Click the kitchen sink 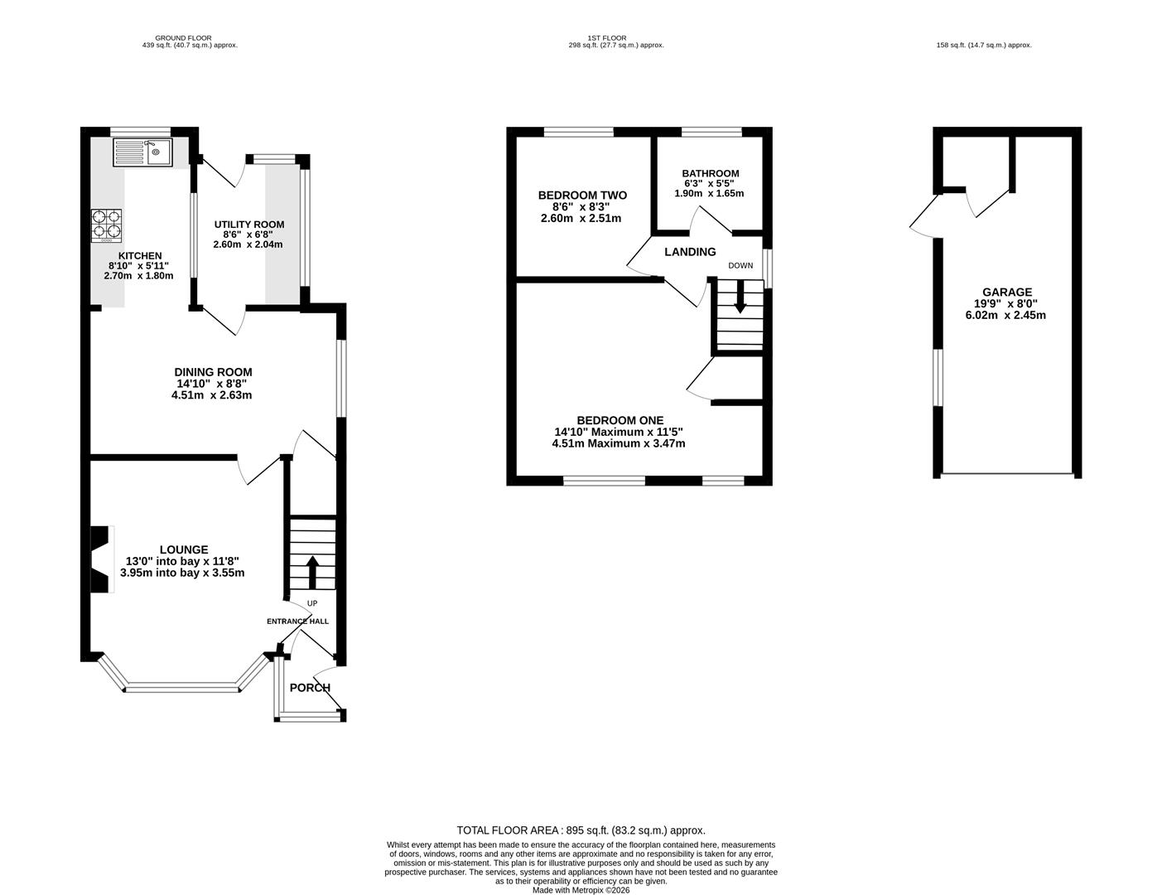(142, 152)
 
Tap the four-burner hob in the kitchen (106, 225)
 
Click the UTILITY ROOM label (249, 225)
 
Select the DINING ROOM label (213, 372)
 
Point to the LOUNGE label (184, 550)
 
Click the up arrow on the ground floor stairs (312, 572)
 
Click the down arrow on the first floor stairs (740, 297)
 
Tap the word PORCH (310, 688)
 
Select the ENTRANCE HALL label (298, 621)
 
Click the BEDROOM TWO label (582, 196)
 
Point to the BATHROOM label (710, 173)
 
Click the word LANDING (690, 252)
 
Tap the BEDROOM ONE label (620, 421)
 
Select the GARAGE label (1007, 292)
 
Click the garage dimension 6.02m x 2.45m (1005, 316)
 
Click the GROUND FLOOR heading (183, 38)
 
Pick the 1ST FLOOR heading (607, 38)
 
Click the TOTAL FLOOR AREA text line (581, 830)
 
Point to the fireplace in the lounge (102, 559)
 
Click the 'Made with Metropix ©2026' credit (581, 890)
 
